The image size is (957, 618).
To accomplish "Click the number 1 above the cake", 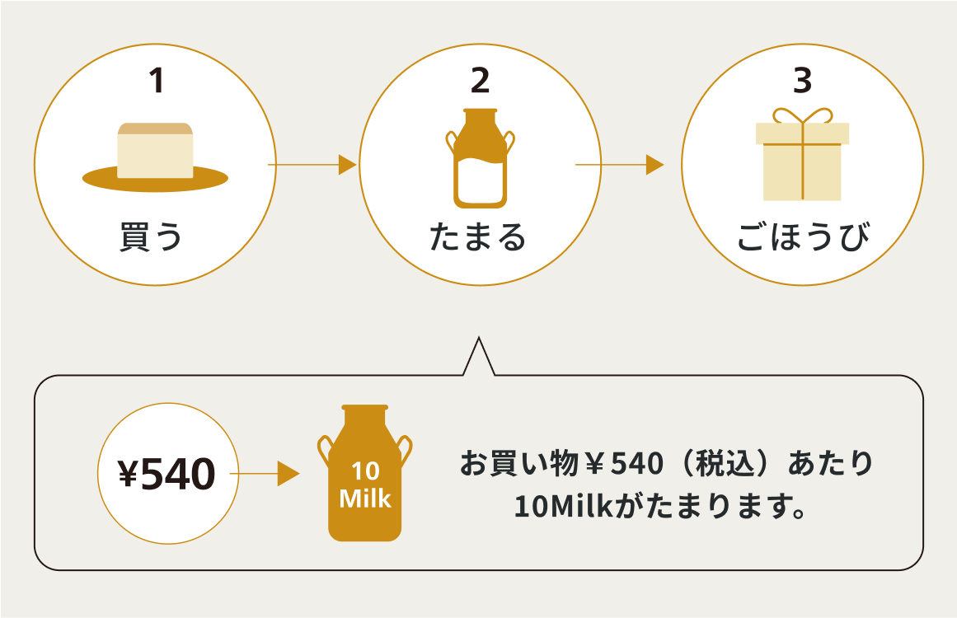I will (x=156, y=81).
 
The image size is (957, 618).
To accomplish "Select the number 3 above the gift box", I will (x=802, y=81).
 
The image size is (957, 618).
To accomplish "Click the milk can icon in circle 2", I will (x=480, y=158).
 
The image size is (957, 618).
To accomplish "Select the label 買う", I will (x=151, y=236).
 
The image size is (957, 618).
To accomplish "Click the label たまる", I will (x=478, y=236).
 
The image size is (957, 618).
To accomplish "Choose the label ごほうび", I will (x=802, y=236).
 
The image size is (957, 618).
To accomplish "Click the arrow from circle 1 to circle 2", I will (x=312, y=165).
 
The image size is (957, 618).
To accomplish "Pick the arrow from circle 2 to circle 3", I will (x=619, y=165).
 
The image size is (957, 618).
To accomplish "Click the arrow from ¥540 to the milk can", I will (x=265, y=474).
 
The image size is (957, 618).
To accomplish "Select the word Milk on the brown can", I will (x=365, y=499).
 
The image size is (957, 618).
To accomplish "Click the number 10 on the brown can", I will (x=365, y=472).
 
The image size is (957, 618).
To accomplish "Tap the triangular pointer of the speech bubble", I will (x=479, y=358).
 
